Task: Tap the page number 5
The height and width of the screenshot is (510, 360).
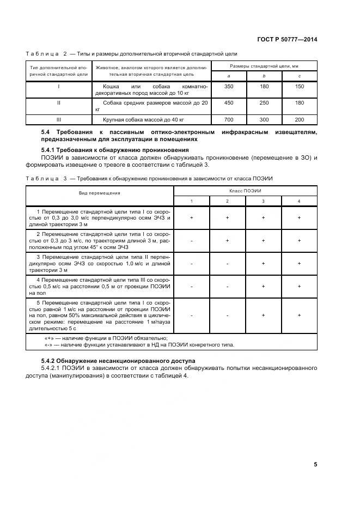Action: point(315,464)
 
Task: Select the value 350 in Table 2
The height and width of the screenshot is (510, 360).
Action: point(228,87)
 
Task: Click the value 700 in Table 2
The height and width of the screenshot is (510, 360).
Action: point(228,119)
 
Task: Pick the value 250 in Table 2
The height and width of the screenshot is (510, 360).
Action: point(264,102)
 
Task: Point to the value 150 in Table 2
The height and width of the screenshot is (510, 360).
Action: point(299,87)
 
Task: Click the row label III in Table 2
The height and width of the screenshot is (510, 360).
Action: point(58,119)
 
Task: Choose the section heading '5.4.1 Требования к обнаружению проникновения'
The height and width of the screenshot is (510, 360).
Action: point(115,149)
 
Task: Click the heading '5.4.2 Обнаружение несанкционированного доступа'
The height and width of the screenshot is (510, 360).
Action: point(119,361)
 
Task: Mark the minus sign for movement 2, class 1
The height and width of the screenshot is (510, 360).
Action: point(192,240)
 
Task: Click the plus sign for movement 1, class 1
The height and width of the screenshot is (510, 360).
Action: point(192,217)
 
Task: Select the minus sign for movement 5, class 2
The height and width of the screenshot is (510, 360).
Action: point(227,315)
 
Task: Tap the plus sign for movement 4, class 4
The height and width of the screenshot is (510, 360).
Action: point(299,286)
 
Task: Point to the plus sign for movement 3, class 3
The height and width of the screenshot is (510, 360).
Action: point(263,263)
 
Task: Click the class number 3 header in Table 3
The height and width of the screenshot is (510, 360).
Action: point(263,202)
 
